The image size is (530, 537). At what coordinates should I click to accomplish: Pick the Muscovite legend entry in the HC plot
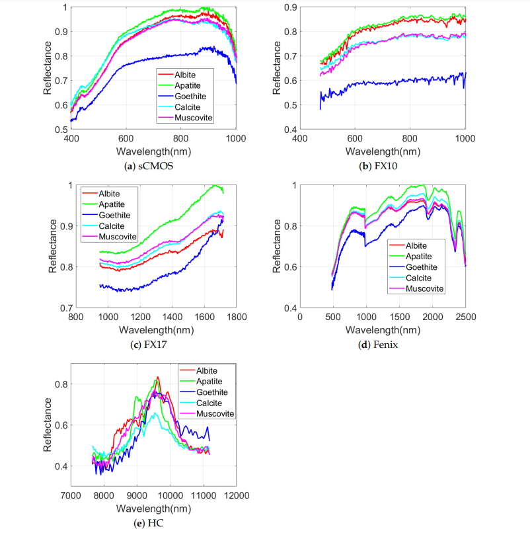coord(213,413)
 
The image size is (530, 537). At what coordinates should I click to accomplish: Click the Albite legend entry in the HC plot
coord(207,370)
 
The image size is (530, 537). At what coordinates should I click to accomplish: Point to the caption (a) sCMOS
coord(153,167)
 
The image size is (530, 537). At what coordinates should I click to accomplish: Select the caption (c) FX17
coord(153,345)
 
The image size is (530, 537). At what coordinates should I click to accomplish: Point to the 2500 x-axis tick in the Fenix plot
coord(465,317)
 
